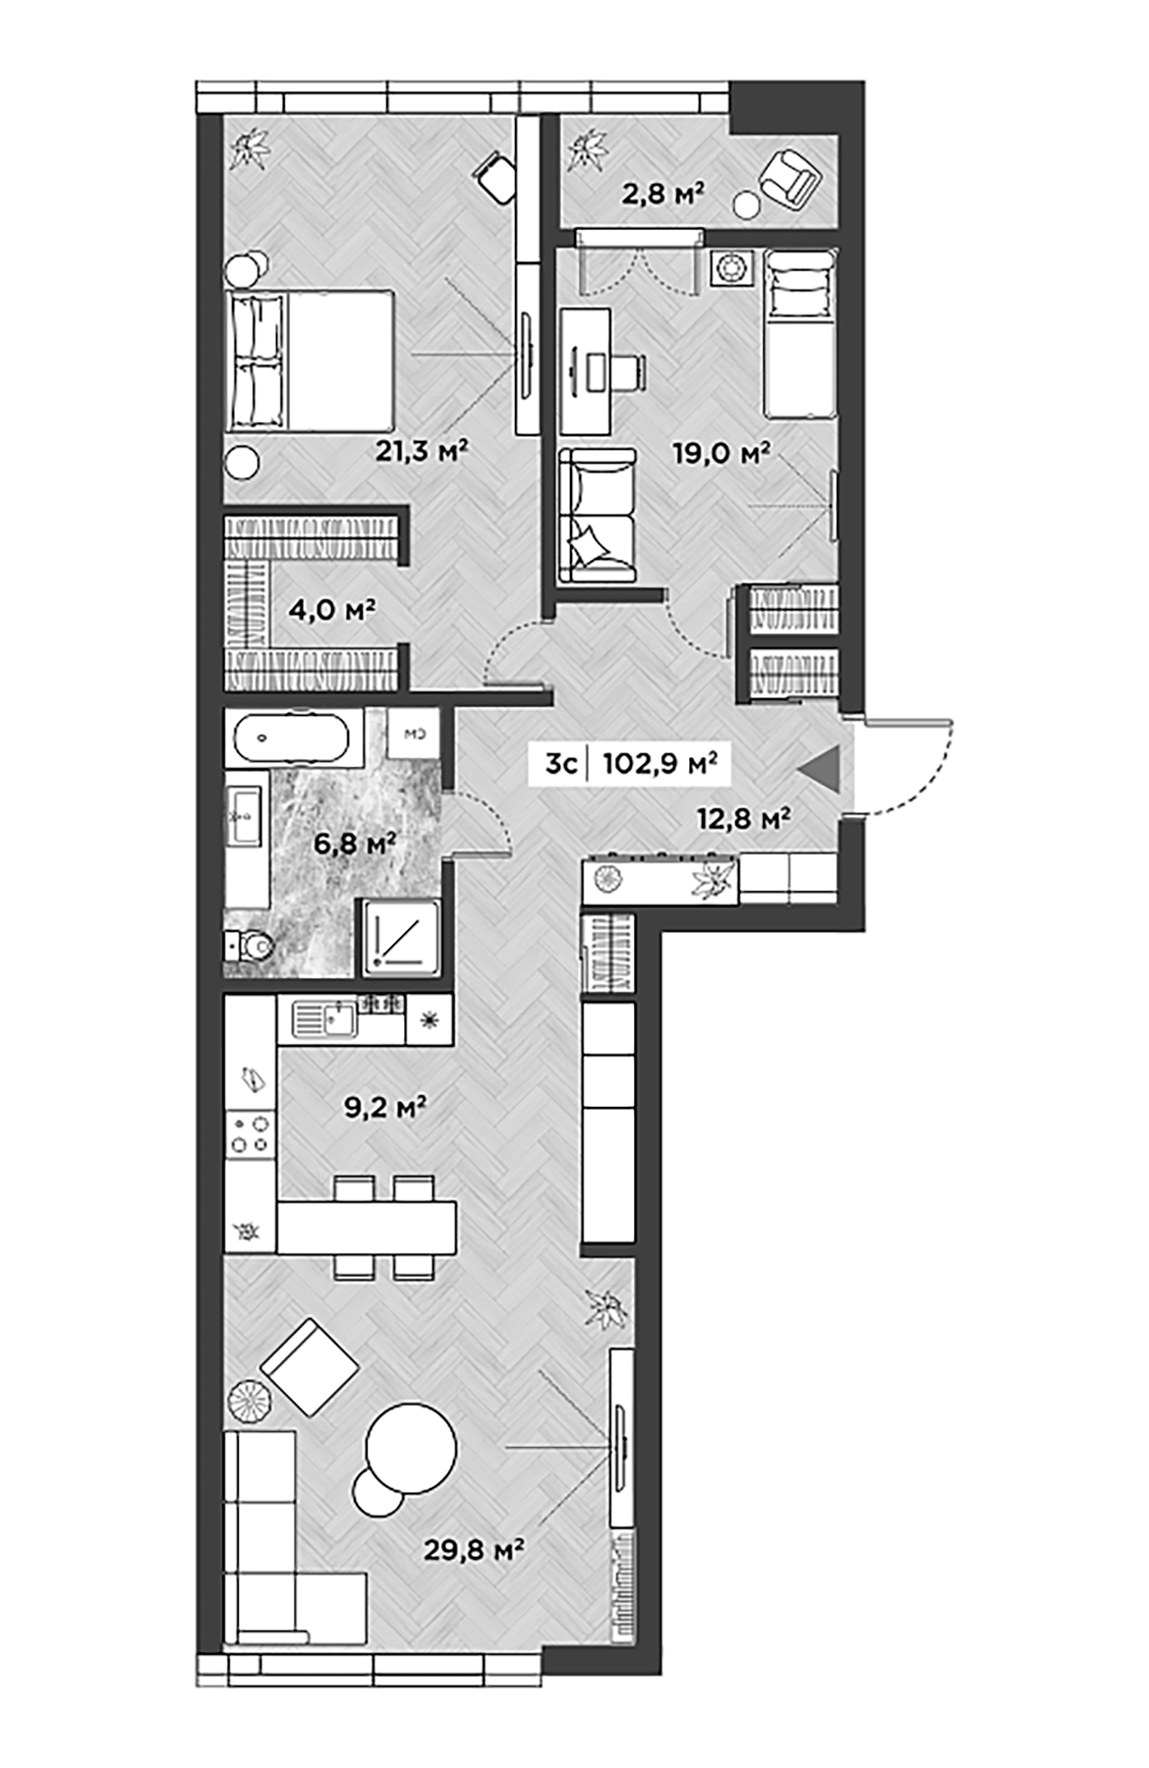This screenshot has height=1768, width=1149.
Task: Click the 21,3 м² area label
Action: pos(422,451)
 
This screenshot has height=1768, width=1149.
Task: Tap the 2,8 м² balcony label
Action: pos(663,193)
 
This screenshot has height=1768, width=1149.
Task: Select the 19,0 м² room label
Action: pos(720,453)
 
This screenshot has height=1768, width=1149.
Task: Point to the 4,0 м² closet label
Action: pos(332,610)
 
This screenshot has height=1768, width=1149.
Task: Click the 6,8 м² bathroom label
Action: pos(355,843)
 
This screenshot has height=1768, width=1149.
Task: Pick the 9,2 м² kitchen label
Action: pos(384,1108)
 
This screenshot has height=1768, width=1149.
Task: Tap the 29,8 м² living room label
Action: pos(473,1549)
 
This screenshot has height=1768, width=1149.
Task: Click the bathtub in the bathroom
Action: pos(294,737)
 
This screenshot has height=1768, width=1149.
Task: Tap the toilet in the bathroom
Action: pos(251,946)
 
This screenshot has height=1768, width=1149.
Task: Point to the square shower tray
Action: pos(403,937)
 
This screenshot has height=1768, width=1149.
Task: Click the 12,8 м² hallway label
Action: pos(744,817)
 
